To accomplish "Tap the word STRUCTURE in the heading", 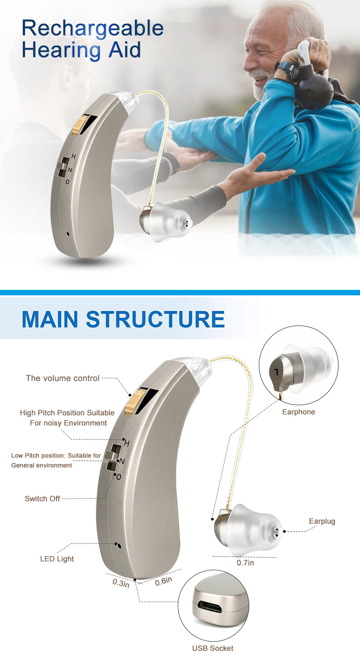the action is (x=155, y=319).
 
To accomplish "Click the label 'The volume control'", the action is (x=62, y=378).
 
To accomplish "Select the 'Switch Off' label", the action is (x=42, y=499).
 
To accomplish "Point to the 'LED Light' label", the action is (x=57, y=559).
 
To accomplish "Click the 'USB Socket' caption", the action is (x=213, y=648).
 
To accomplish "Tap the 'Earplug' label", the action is (x=322, y=521).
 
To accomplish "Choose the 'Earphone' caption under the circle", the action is (x=298, y=412).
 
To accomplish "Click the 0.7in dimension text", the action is (x=245, y=562).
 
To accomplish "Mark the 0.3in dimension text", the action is (x=121, y=583).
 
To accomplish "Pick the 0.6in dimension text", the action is (x=164, y=581).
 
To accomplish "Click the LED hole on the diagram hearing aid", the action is (x=119, y=546).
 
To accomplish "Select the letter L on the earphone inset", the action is (x=276, y=372).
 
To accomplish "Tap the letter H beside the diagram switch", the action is (x=127, y=443).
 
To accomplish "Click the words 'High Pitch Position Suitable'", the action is (x=67, y=413).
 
